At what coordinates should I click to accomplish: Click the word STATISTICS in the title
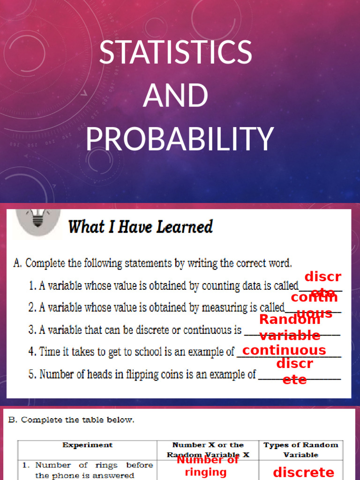click(175, 52)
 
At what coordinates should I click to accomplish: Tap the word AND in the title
click(175, 96)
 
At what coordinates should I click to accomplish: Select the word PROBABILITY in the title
click(180, 139)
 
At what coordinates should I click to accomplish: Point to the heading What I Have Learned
click(140, 227)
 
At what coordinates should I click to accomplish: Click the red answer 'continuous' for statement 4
click(284, 350)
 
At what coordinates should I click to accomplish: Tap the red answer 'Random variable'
click(290, 327)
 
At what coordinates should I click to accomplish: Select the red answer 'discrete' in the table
click(303, 472)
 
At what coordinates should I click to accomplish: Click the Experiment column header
click(87, 445)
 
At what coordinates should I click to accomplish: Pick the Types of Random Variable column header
click(300, 450)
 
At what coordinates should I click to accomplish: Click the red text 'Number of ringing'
click(207, 466)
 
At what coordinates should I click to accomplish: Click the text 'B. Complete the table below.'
click(71, 420)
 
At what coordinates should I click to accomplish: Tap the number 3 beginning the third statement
click(31, 330)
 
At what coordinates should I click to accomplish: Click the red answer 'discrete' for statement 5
click(294, 371)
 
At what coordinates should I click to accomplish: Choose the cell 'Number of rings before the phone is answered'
click(88, 470)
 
